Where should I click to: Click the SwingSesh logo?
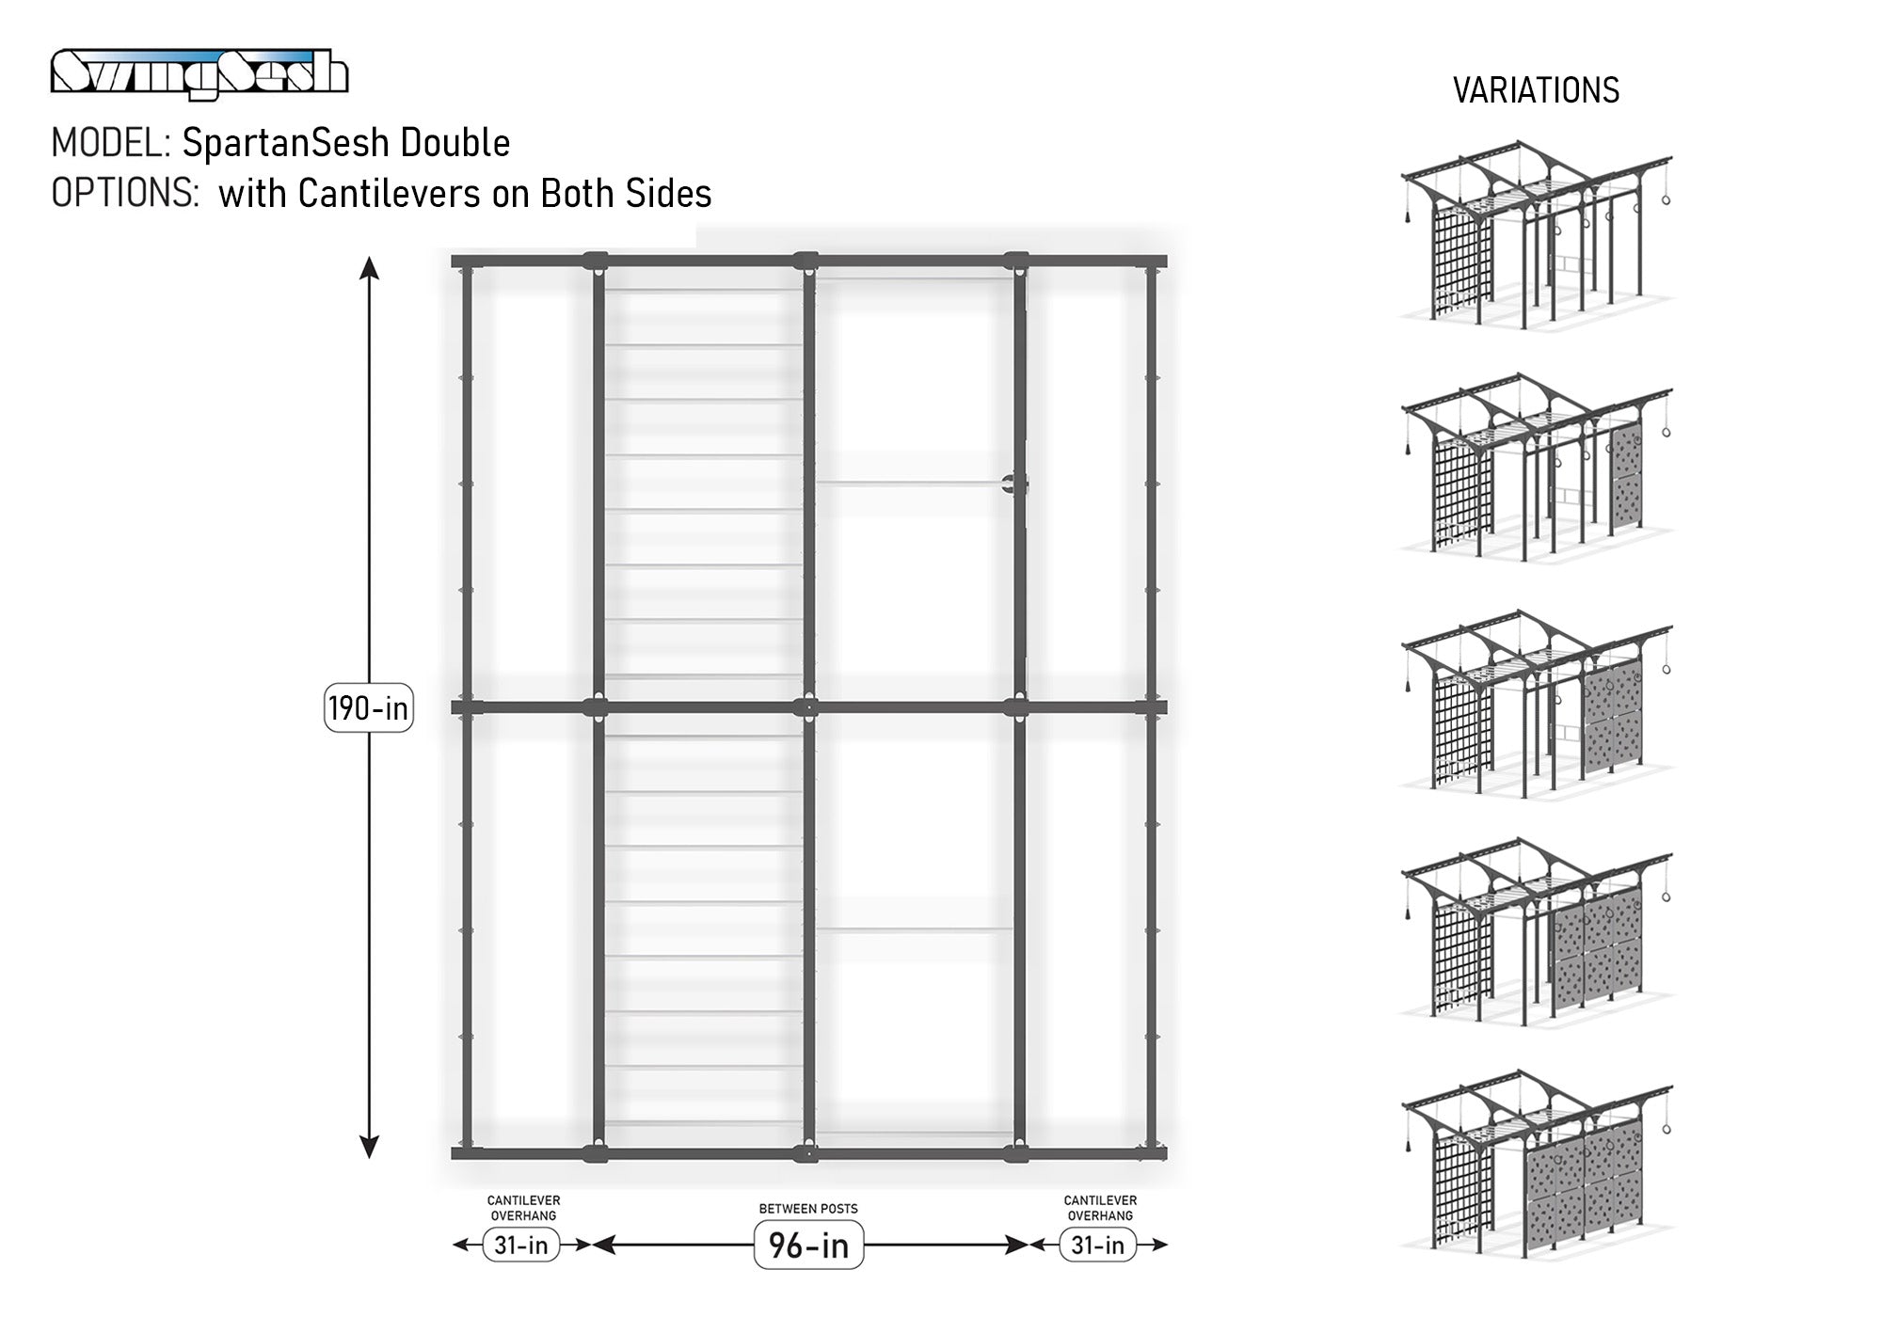point(199,73)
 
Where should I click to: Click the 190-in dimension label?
point(369,707)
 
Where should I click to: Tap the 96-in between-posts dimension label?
point(809,1246)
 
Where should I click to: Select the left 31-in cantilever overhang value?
point(521,1246)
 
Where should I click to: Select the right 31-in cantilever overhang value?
point(1098,1246)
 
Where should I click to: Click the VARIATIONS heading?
point(1536,90)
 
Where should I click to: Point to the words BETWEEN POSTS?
point(808,1209)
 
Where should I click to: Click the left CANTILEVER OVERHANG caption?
point(523,1208)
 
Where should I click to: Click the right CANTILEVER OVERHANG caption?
point(1100,1208)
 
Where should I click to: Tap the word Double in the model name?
point(455,143)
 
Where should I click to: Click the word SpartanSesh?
point(286,144)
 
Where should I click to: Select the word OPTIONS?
point(124,193)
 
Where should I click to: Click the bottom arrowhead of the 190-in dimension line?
point(370,1147)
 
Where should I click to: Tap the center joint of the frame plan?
point(806,707)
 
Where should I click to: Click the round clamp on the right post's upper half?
point(1013,484)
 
